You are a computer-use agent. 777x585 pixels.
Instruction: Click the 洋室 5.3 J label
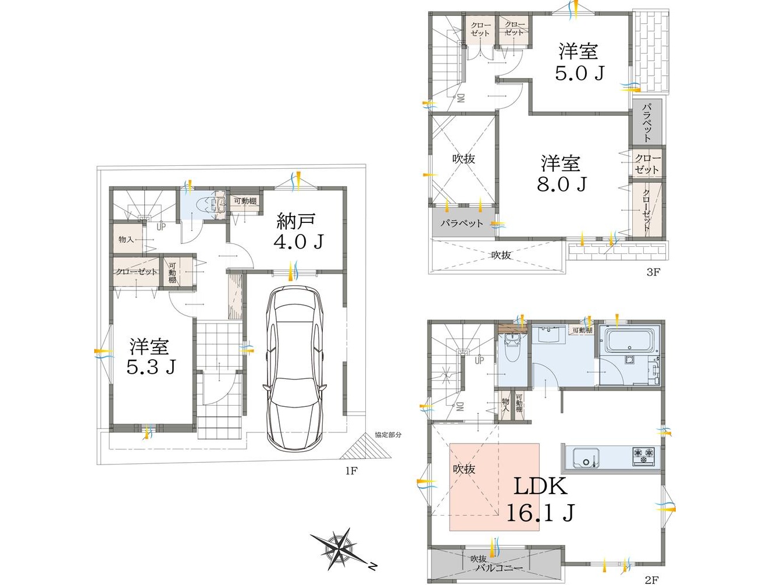pyautogui.click(x=150, y=356)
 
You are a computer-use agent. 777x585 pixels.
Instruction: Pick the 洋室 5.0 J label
pyautogui.click(x=579, y=62)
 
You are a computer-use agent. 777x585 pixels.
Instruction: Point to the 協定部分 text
pyautogui.click(x=388, y=434)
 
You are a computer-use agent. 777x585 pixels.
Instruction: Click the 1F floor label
pyautogui.click(x=352, y=471)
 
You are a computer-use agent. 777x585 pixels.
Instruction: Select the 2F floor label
pyautogui.click(x=651, y=580)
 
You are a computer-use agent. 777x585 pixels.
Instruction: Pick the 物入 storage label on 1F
pyautogui.click(x=126, y=239)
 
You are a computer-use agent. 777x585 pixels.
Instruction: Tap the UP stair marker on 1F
pyautogui.click(x=161, y=227)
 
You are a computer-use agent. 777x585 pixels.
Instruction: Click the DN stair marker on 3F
pyautogui.click(x=460, y=98)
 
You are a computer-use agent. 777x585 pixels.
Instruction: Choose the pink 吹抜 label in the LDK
pyautogui.click(x=464, y=469)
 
